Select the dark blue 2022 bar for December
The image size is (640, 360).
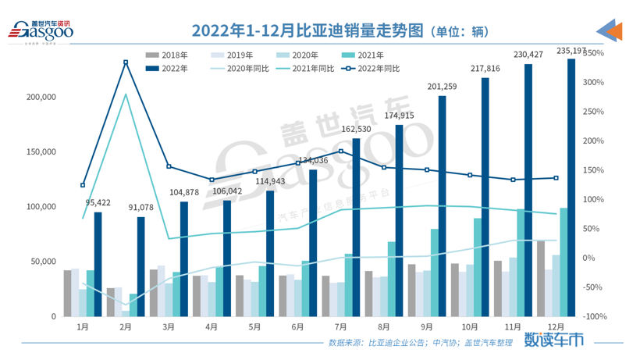tap(571, 187)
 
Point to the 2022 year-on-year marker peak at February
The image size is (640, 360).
tap(126, 62)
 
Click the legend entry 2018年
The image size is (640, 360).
tap(167, 55)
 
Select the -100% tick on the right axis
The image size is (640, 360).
tap(594, 316)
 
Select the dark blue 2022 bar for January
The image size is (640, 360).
tap(98, 264)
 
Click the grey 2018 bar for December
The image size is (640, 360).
tap(540, 279)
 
